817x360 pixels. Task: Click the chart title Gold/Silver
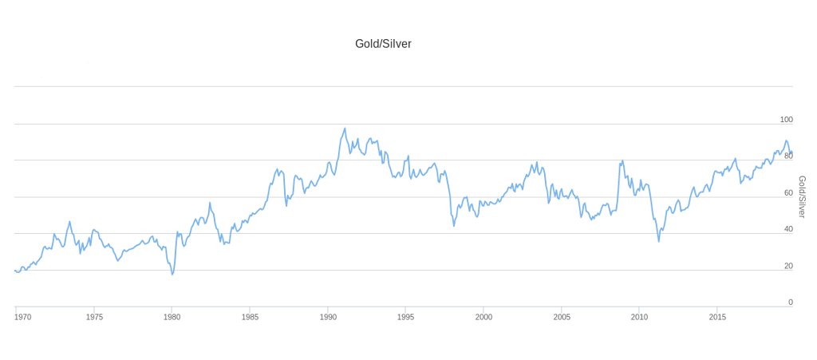(x=383, y=44)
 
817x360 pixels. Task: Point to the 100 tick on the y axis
(x=786, y=120)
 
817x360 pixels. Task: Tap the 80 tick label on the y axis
(x=787, y=156)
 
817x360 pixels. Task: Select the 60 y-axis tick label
(x=787, y=192)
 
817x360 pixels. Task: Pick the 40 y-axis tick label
(x=787, y=229)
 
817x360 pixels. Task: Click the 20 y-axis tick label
(x=787, y=267)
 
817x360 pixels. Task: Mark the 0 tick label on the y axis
(x=791, y=303)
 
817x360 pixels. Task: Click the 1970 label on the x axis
(x=23, y=317)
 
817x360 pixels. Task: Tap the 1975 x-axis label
(x=94, y=317)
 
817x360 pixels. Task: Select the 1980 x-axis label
(x=172, y=317)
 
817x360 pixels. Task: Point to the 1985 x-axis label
(x=250, y=317)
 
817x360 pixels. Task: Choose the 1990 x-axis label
(x=328, y=317)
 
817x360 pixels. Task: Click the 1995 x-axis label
(x=406, y=317)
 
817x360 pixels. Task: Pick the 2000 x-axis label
(x=483, y=317)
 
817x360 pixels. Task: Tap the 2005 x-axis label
(x=562, y=317)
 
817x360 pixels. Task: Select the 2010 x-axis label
(x=639, y=317)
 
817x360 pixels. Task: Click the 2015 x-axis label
(x=717, y=317)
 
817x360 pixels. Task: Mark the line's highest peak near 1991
(x=345, y=129)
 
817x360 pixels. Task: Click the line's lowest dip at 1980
(x=172, y=275)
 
